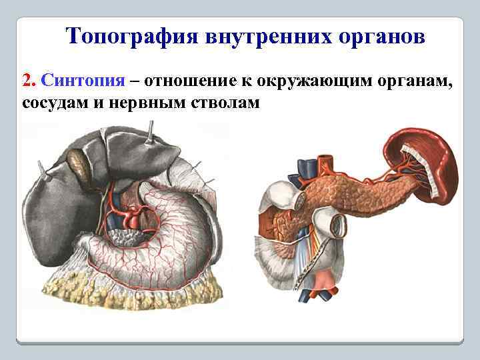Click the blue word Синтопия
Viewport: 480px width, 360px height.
point(83,81)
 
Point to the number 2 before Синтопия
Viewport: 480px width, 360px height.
point(27,81)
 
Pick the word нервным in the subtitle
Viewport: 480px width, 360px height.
point(147,104)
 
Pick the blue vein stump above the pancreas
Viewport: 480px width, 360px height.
point(305,166)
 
